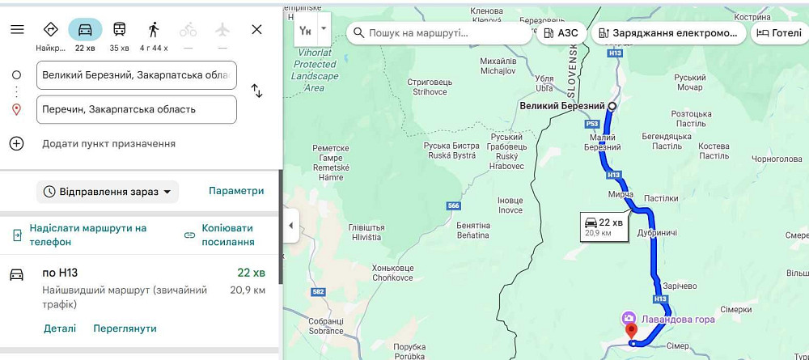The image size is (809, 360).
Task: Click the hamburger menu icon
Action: point(17,29)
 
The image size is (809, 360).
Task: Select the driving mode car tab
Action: point(85,29)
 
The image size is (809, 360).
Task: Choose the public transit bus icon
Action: point(119,29)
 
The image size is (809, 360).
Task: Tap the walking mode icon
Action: point(154,29)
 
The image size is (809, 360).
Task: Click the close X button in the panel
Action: point(256,29)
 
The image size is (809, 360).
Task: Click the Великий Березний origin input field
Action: point(136,75)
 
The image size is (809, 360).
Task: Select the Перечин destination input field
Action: point(136,109)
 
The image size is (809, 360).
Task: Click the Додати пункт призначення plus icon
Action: point(16,143)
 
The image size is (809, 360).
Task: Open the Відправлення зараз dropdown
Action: point(108,192)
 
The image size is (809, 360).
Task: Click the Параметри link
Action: point(236,191)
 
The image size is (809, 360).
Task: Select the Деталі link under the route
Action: point(60,328)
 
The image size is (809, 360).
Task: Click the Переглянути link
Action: point(125,328)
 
